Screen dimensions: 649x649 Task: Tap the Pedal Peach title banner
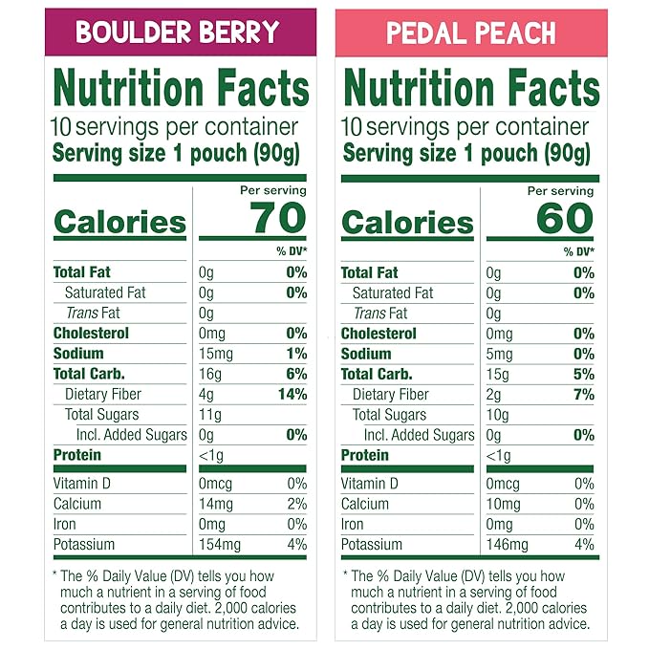tap(470, 32)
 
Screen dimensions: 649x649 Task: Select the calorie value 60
tap(564, 219)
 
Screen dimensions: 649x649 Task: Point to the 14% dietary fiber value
tap(292, 394)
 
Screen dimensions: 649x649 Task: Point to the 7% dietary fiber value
tap(583, 394)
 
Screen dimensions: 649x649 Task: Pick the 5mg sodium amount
tap(499, 354)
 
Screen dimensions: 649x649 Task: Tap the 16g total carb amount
tap(210, 374)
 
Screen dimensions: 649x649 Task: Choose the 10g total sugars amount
tap(498, 415)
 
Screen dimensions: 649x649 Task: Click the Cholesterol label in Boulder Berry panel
tap(91, 334)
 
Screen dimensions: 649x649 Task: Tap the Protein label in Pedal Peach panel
tap(364, 455)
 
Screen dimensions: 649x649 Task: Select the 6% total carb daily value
tap(295, 374)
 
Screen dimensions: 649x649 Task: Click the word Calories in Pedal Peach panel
tap(407, 223)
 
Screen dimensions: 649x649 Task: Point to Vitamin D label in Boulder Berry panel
tap(81, 484)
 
